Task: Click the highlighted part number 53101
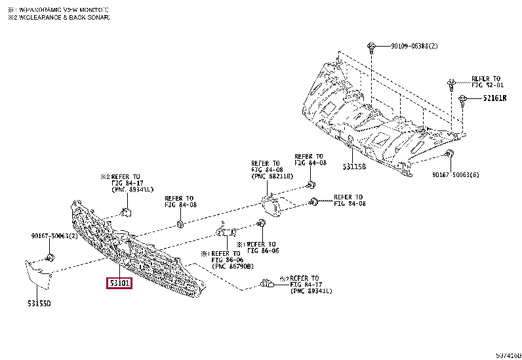coord(120,283)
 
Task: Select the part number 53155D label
coord(39,303)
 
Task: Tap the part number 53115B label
coord(355,167)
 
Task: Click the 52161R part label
coord(496,99)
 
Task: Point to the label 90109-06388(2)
coord(414,47)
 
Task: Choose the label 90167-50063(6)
coord(456,175)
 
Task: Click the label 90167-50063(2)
coord(54,235)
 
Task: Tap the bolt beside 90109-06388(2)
coord(371,47)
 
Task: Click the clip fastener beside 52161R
coord(463,99)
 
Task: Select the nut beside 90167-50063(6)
coord(449,154)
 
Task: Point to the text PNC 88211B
coord(272,176)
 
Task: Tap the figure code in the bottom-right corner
coord(508,355)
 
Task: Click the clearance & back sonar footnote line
coord(58,18)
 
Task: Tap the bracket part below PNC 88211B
coord(271,206)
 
